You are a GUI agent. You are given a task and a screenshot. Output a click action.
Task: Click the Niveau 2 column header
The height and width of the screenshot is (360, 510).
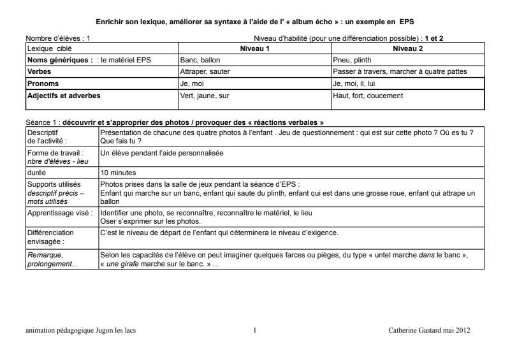[408, 48]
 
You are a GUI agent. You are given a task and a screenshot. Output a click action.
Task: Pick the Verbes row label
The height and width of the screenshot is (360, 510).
[39, 72]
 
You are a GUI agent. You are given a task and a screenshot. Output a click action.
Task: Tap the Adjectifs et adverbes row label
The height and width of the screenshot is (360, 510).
[64, 96]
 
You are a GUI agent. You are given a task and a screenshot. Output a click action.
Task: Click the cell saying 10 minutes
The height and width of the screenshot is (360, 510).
[118, 172]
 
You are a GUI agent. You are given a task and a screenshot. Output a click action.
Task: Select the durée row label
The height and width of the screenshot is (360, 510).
[36, 172]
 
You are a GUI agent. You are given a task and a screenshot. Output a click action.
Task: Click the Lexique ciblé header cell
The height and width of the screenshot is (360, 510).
[48, 48]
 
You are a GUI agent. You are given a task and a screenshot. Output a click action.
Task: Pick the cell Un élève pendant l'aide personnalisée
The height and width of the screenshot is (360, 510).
[162, 153]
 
